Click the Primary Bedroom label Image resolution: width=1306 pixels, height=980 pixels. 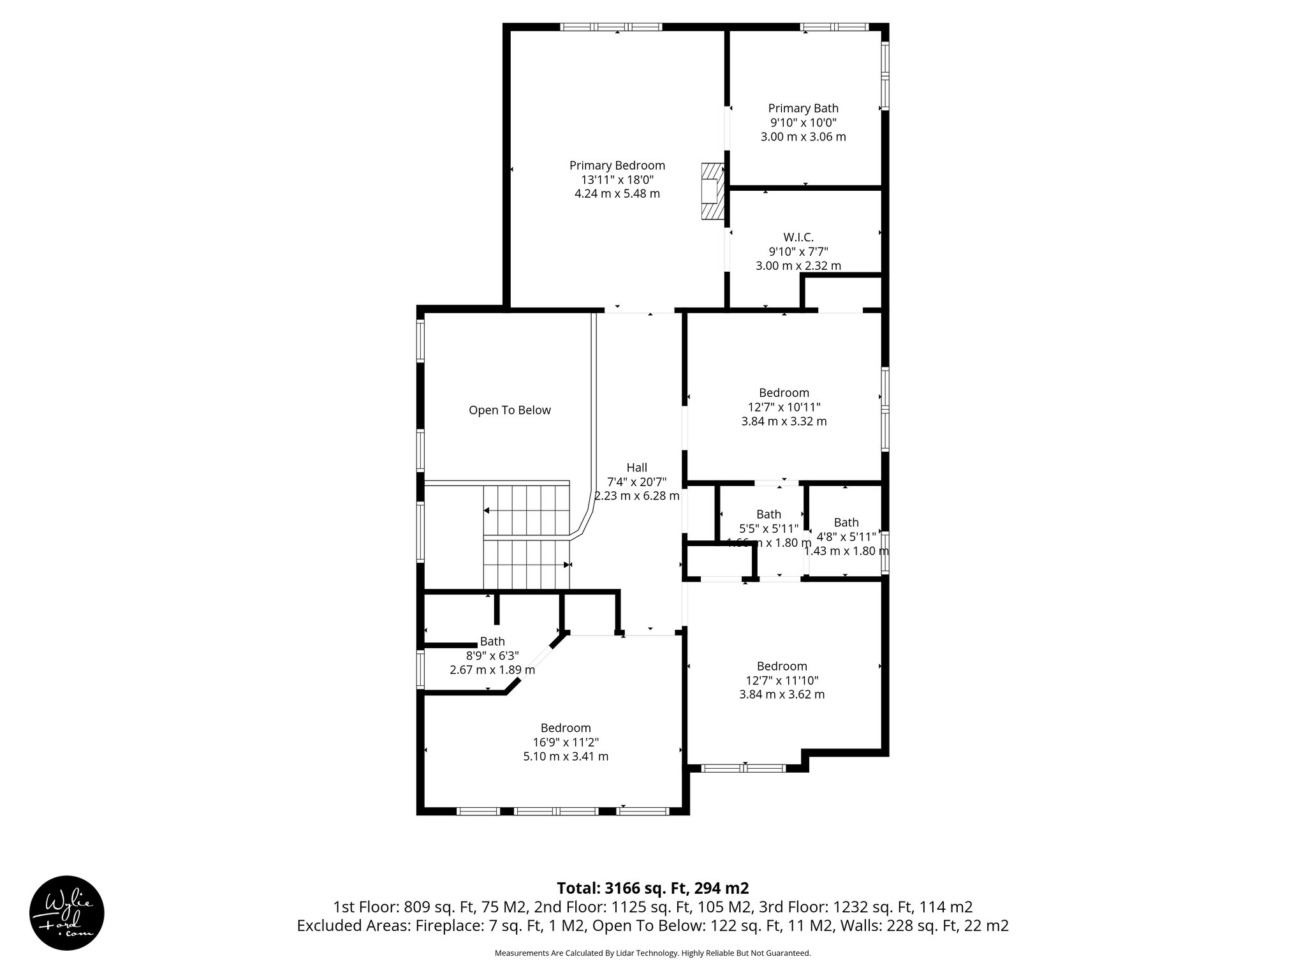click(617, 166)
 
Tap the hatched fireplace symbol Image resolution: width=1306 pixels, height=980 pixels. click(712, 191)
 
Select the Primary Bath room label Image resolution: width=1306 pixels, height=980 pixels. click(803, 108)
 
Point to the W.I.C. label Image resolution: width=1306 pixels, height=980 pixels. click(798, 237)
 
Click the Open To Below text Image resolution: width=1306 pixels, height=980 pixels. click(510, 410)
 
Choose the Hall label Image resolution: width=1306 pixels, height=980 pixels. click(636, 468)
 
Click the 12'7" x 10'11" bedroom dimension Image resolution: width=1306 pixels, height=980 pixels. click(784, 407)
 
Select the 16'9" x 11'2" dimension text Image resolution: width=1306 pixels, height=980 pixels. click(566, 742)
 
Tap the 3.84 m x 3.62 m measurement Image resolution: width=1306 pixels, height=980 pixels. click(782, 694)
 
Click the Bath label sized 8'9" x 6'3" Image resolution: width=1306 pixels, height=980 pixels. click(492, 641)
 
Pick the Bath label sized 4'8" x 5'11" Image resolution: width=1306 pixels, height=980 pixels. click(846, 523)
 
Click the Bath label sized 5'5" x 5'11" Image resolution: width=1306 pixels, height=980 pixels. click(768, 514)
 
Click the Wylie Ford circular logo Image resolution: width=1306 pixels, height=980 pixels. click(67, 912)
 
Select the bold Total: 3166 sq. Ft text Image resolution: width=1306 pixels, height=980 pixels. click(652, 888)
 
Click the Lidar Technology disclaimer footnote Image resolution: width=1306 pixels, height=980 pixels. click(652, 953)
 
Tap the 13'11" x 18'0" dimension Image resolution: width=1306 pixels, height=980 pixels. click(617, 180)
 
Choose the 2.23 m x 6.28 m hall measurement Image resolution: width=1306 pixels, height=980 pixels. click(636, 496)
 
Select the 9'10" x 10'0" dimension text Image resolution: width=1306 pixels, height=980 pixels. click(803, 122)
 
